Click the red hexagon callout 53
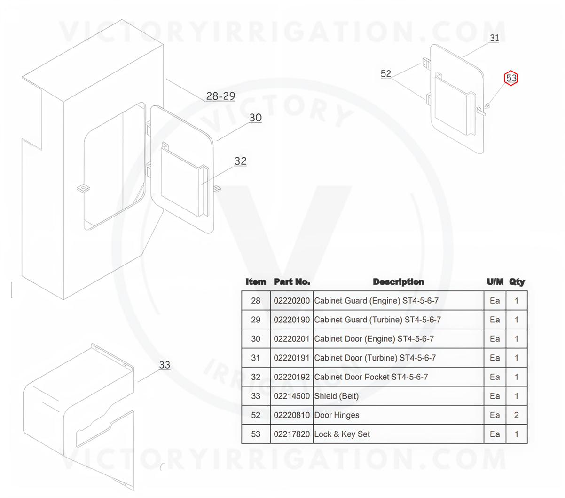(x=510, y=78)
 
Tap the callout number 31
(x=494, y=38)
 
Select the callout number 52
(x=386, y=74)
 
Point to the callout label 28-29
(x=220, y=96)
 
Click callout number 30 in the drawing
(x=255, y=118)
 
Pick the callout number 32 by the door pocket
(x=240, y=161)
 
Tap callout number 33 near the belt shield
(x=165, y=364)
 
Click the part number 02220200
(x=291, y=300)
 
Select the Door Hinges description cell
(x=337, y=415)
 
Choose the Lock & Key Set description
(x=342, y=434)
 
